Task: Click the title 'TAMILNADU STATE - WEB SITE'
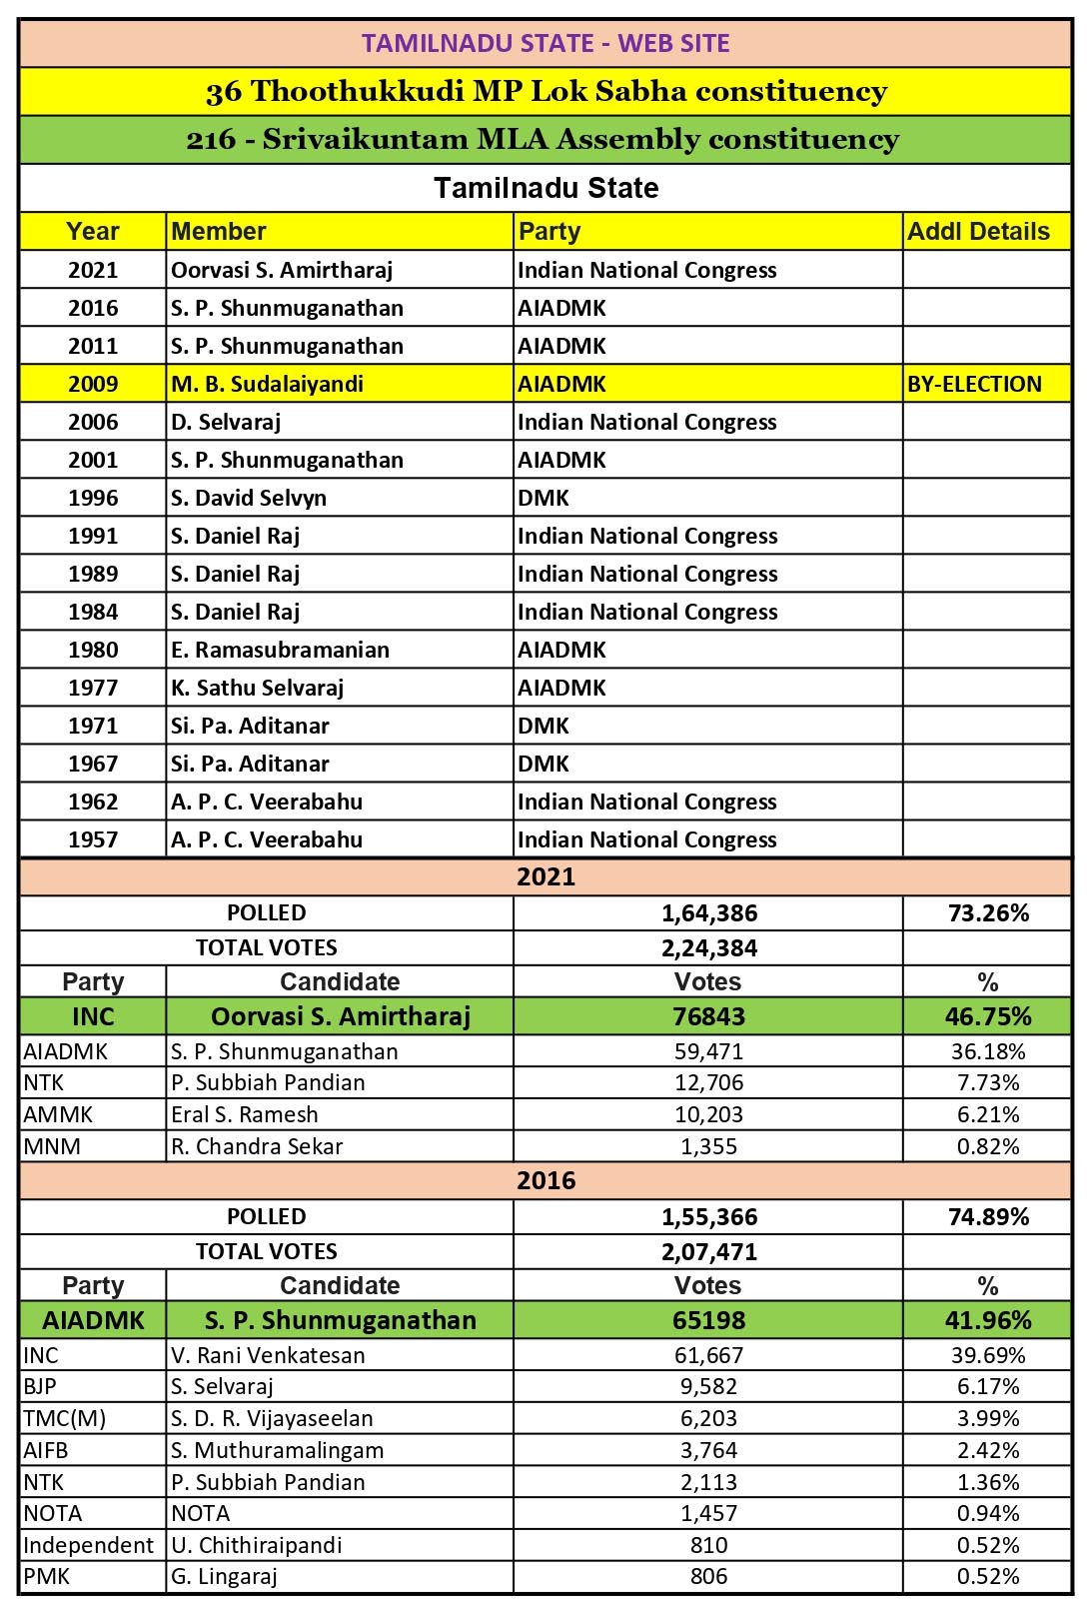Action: click(x=545, y=43)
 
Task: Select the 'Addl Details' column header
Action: click(x=978, y=232)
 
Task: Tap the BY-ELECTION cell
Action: click(x=974, y=384)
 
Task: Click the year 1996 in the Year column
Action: click(x=93, y=498)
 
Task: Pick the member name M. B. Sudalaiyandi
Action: click(x=267, y=384)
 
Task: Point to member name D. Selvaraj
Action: click(x=226, y=422)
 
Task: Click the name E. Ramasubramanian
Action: click(x=280, y=650)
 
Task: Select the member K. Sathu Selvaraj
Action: click(x=257, y=688)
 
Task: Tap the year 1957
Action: click(x=93, y=839)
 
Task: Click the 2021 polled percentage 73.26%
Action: click(x=988, y=912)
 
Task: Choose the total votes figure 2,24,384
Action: click(x=709, y=947)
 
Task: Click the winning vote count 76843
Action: click(x=708, y=1016)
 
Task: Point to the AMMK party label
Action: click(x=58, y=1114)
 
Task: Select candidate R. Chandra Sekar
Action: click(x=257, y=1146)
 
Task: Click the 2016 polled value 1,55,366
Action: click(x=709, y=1216)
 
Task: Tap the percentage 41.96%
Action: click(x=988, y=1320)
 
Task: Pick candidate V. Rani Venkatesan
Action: click(x=268, y=1355)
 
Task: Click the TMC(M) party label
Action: click(x=64, y=1418)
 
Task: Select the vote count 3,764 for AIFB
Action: click(x=708, y=1450)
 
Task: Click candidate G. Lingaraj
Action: click(x=224, y=1576)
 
